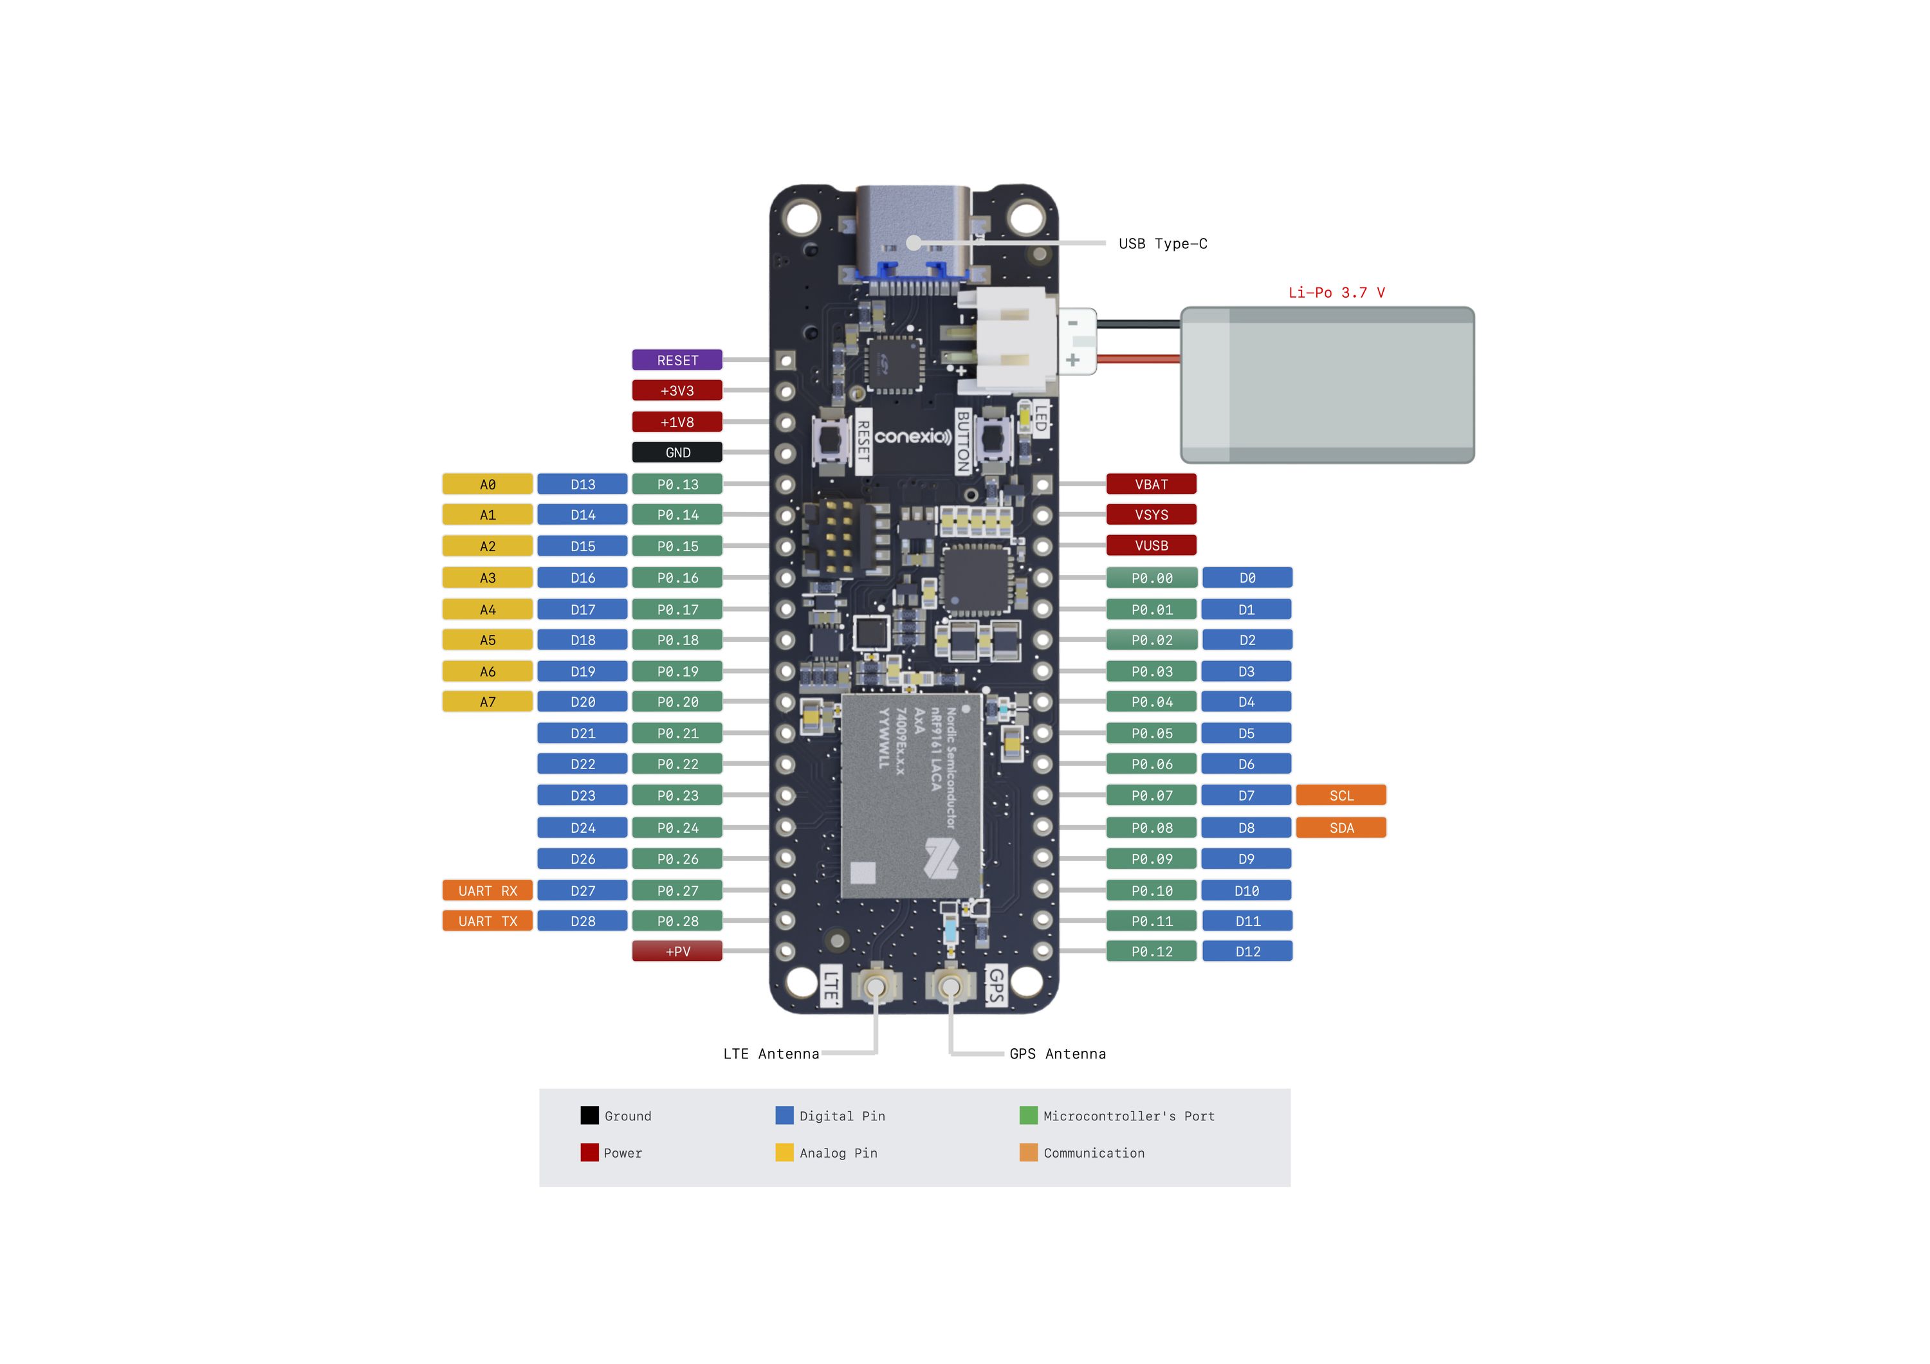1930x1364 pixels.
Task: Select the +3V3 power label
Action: pos(677,391)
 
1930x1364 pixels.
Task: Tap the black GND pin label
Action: pos(677,452)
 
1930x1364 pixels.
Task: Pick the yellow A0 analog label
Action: pos(488,484)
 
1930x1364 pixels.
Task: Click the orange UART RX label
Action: pos(488,891)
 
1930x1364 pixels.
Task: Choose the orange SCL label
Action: pos(1341,795)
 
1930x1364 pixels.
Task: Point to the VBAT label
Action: pos(1151,484)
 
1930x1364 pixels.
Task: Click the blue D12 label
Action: pos(1247,951)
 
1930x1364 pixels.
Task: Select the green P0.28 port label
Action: pos(677,921)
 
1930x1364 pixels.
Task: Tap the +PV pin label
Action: pos(677,951)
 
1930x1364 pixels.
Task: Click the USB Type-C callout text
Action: pos(1163,244)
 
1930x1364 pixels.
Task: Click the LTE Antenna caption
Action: pos(771,1054)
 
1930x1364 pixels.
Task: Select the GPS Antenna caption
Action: pos(1058,1054)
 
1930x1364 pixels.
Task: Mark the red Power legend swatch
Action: pos(589,1152)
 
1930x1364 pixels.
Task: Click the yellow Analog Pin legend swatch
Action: pos(784,1152)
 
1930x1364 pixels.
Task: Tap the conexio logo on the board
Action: pos(913,436)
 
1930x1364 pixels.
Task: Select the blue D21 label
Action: pos(582,733)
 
